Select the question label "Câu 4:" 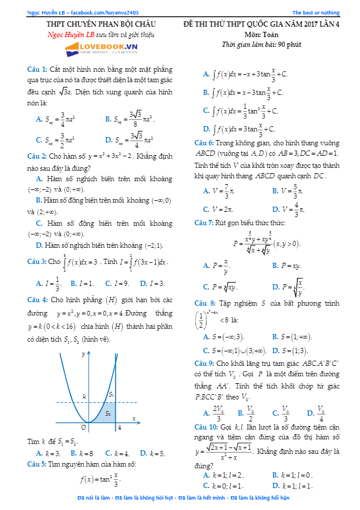pyautogui.click(x=38, y=300)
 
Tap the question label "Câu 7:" pyautogui.click(x=204, y=222)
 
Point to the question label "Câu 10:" pyautogui.click(x=206, y=426)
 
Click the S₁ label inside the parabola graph pyautogui.click(x=111, y=394)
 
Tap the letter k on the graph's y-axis pyautogui.click(x=84, y=397)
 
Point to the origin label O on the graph pyautogui.click(x=83, y=427)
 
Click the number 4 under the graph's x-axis pyautogui.click(x=118, y=428)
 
